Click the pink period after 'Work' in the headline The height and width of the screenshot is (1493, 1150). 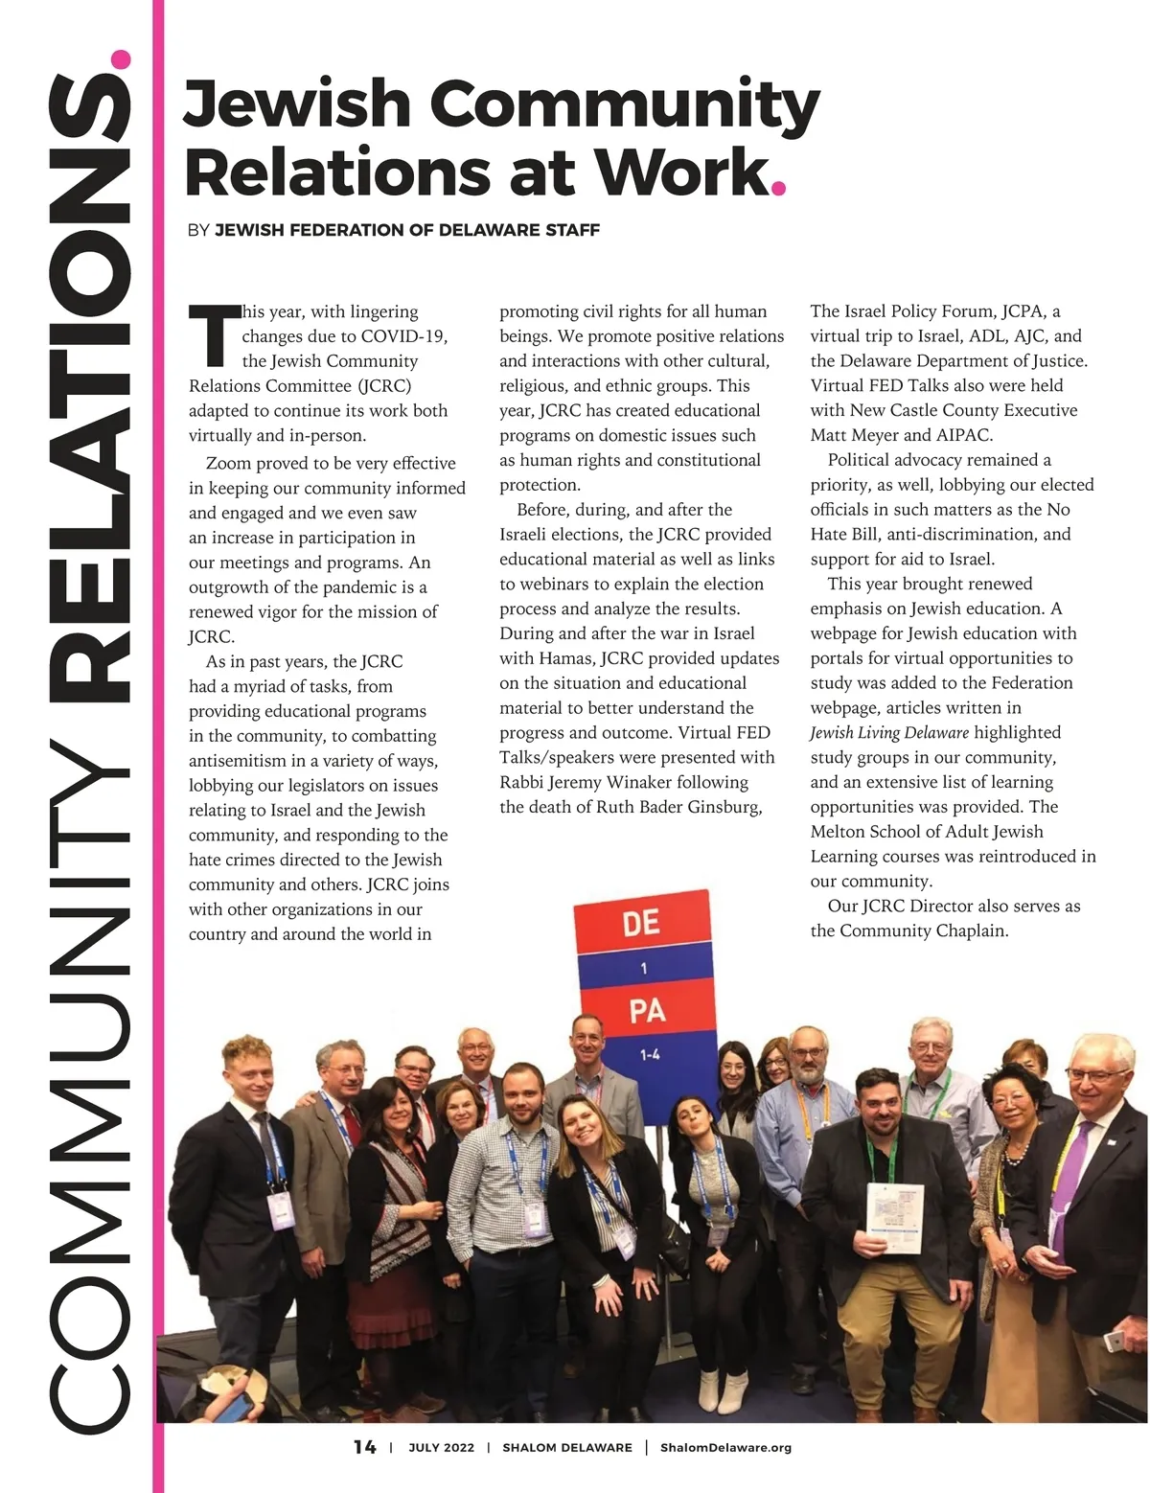(778, 187)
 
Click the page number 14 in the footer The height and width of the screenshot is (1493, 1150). (364, 1447)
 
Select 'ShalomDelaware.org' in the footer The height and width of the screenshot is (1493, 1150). (725, 1447)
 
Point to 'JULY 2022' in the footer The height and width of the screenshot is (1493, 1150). (441, 1447)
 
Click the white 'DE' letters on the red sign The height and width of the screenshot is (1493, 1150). (641, 923)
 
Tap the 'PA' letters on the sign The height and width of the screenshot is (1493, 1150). (647, 1010)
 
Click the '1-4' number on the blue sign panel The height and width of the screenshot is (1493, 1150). (649, 1055)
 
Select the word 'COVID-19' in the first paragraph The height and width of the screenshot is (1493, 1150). (404, 336)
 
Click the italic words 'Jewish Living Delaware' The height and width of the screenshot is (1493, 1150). (889, 733)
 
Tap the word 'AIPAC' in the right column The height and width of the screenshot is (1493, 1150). (963, 435)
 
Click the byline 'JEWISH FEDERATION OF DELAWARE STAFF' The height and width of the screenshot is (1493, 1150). (407, 230)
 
